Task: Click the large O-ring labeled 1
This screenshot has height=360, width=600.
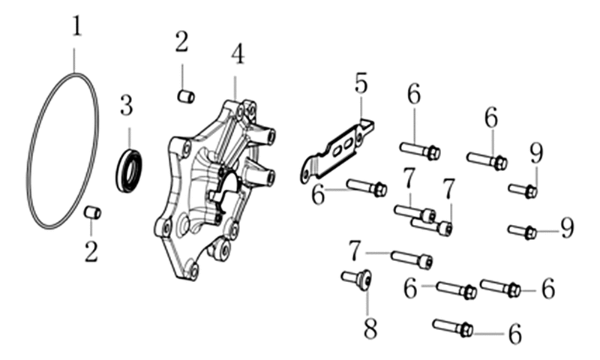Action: pyautogui.click(x=30, y=153)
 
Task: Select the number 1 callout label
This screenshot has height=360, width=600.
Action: pyautogui.click(x=77, y=26)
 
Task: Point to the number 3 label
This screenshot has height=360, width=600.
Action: pyautogui.click(x=126, y=106)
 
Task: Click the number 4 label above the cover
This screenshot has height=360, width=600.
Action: pyautogui.click(x=238, y=55)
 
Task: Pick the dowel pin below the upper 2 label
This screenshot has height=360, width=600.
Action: pyautogui.click(x=186, y=97)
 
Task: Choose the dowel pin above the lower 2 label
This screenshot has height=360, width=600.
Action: pyautogui.click(x=92, y=212)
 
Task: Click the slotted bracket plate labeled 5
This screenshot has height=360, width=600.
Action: pyautogui.click(x=337, y=151)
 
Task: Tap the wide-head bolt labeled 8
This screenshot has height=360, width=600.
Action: pyautogui.click(x=357, y=279)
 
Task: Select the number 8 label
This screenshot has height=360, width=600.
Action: pyautogui.click(x=370, y=328)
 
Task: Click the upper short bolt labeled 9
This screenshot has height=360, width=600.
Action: pyautogui.click(x=523, y=190)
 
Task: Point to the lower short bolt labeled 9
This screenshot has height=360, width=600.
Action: pyautogui.click(x=522, y=231)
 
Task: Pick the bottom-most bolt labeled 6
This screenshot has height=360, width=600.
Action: pyautogui.click(x=453, y=328)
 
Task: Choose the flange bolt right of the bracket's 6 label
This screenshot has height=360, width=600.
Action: pyautogui.click(x=367, y=187)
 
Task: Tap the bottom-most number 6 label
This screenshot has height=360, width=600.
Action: pyautogui.click(x=515, y=333)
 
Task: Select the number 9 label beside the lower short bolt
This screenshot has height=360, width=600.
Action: pyautogui.click(x=567, y=227)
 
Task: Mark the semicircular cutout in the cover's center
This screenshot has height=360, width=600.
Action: pyautogui.click(x=229, y=180)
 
